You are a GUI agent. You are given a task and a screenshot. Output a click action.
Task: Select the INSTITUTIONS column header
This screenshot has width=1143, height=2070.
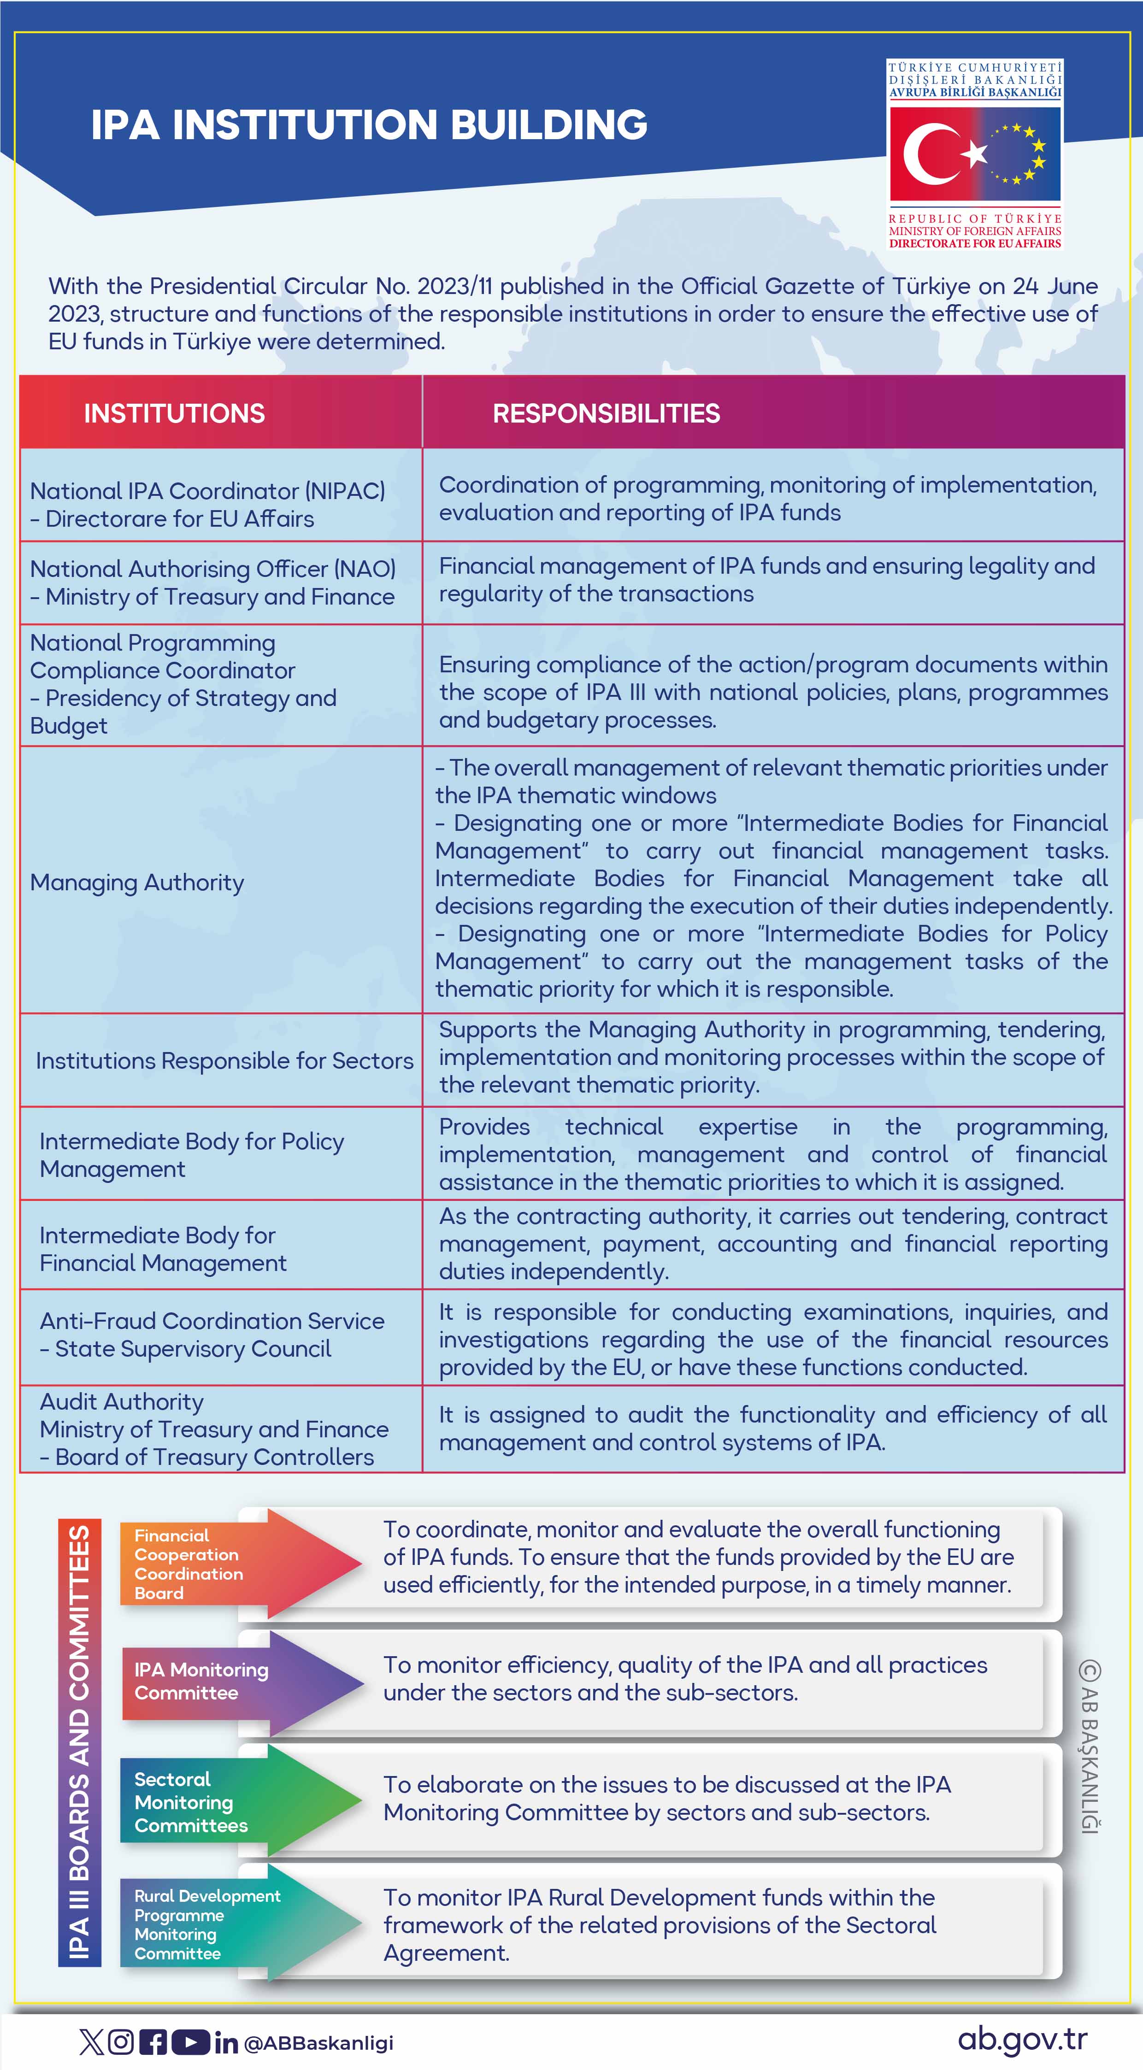click(x=174, y=413)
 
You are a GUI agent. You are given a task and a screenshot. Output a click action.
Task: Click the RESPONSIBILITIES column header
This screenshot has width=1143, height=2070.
click(x=606, y=413)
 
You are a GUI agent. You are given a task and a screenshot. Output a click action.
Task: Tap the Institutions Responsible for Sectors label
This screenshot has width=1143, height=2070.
click(x=224, y=1061)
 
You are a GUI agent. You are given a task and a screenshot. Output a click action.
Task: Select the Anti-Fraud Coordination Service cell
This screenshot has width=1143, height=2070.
click(x=212, y=1335)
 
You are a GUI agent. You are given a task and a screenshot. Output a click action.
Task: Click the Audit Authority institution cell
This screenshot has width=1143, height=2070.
click(x=214, y=1429)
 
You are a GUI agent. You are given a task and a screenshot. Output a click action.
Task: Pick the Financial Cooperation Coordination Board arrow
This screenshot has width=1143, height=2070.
click(x=241, y=1564)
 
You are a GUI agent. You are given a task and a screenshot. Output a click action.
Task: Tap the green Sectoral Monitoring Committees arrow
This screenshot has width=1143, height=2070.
click(x=241, y=1802)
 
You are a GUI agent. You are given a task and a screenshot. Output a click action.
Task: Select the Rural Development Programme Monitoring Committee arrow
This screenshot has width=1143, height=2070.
click(x=241, y=1924)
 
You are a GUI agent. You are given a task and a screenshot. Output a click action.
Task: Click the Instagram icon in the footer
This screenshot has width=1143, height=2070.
click(x=121, y=2042)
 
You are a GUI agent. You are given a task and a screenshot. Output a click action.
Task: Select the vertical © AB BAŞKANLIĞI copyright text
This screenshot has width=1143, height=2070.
click(x=1089, y=1748)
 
